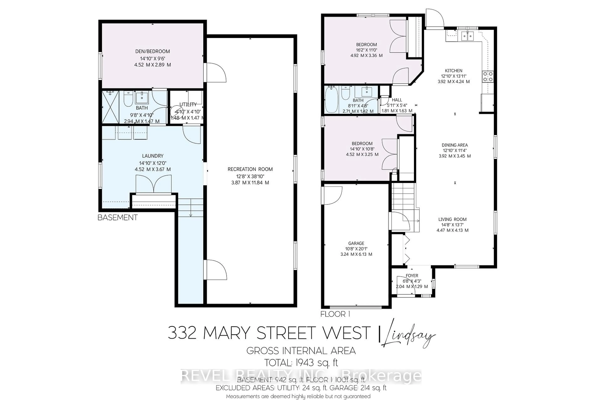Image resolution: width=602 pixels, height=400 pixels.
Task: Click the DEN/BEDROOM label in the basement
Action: [152, 51]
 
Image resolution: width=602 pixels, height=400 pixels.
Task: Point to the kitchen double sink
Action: [467, 36]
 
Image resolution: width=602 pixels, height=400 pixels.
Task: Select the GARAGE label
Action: [356, 243]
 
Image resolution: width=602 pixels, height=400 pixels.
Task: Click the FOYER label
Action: [412, 275]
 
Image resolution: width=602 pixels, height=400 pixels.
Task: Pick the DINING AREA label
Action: [455, 145]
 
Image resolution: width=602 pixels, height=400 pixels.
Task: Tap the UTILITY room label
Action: [188, 104]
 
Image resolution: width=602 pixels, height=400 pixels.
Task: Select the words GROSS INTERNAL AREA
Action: [301, 351]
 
